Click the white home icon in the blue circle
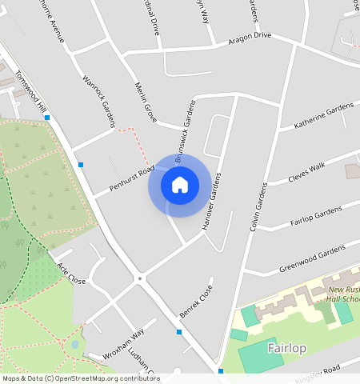[180, 186]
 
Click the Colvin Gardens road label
[258, 206]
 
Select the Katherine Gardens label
[323, 117]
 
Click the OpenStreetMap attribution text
[81, 378]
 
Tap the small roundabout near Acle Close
[140, 278]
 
